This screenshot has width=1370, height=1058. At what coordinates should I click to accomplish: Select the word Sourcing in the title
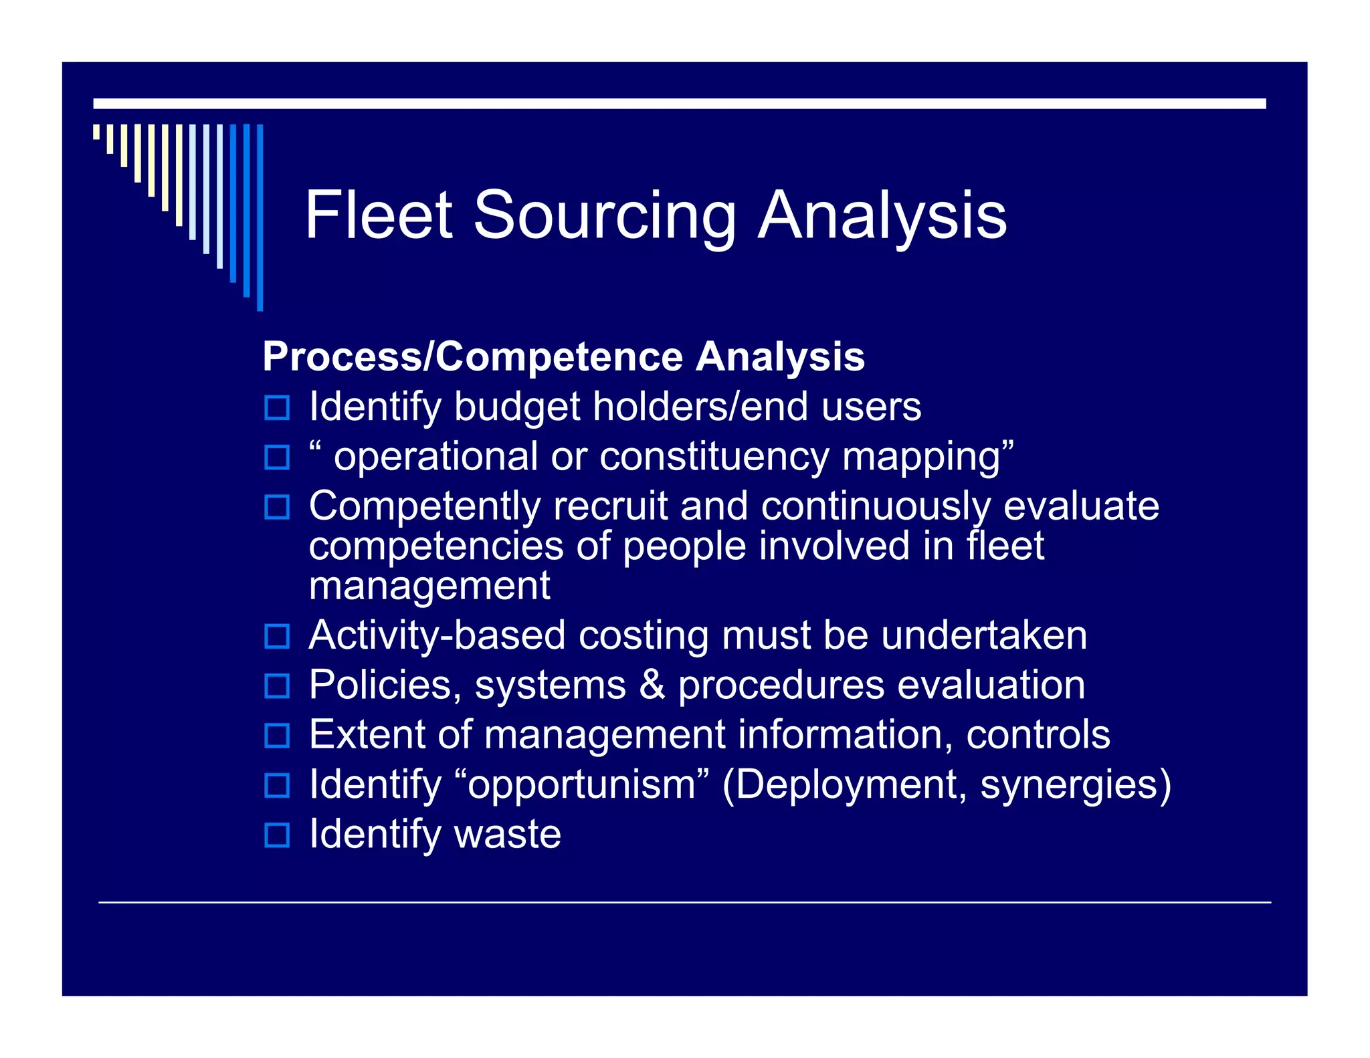[604, 216]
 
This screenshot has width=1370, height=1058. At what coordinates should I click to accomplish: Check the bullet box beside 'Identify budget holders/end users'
[277, 407]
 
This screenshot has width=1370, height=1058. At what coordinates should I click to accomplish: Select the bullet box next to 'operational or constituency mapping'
[277, 457]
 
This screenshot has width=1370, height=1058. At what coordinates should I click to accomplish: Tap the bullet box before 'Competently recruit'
[277, 507]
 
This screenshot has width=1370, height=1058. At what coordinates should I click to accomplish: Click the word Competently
[425, 506]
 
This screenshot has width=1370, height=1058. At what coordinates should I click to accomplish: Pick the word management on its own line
[429, 586]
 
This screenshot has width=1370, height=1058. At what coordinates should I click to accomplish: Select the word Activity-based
[437, 635]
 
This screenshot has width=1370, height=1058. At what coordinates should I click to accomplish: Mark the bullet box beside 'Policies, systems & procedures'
[277, 685]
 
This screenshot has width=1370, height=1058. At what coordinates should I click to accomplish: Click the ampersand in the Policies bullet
[652, 685]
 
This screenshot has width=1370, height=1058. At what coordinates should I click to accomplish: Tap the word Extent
[367, 734]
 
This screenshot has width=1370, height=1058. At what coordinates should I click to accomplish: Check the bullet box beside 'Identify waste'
[277, 835]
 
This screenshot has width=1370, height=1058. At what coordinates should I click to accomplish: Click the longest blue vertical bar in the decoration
[260, 217]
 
